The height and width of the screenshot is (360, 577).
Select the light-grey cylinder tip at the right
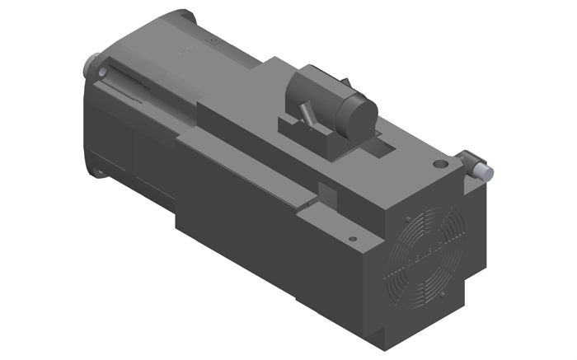487,171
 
